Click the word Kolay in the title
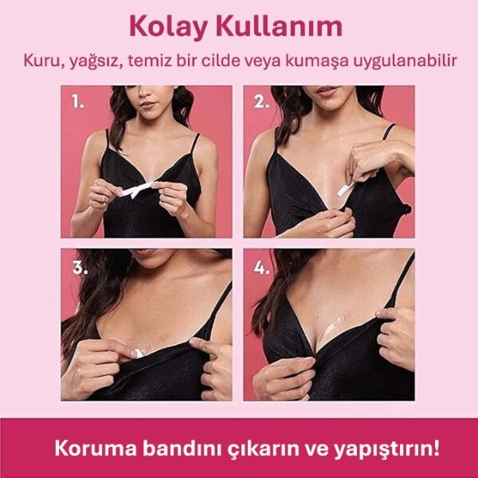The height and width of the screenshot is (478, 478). pos(164,26)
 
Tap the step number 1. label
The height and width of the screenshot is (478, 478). pos(78,102)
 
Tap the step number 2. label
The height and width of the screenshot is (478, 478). pos(261,102)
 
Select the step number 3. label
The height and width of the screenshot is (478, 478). pos(79,267)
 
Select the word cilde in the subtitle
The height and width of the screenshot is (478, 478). pos(230,61)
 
